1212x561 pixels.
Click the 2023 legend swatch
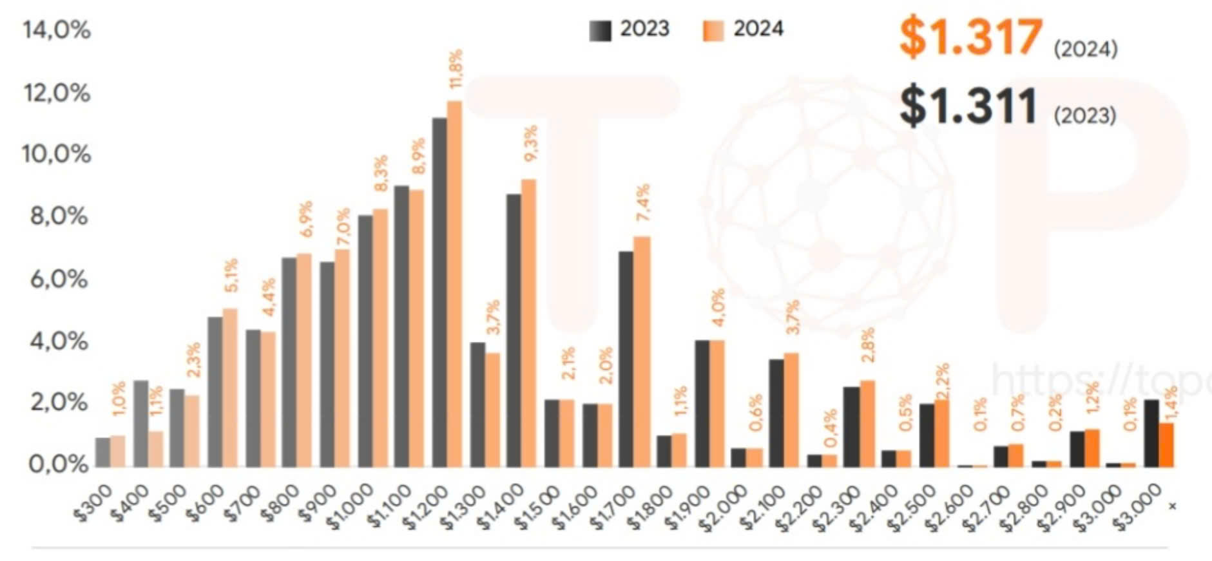(x=600, y=30)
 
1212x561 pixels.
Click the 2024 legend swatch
(x=713, y=30)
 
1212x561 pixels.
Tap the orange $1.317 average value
(x=970, y=37)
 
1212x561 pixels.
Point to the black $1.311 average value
(x=968, y=106)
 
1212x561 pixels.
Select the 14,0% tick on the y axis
(x=57, y=30)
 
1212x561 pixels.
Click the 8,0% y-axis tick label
(x=58, y=216)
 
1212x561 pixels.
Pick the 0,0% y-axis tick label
(x=58, y=464)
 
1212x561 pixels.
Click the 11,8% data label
(x=457, y=68)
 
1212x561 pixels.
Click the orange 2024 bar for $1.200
(x=454, y=283)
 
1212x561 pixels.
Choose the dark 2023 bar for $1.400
(x=514, y=330)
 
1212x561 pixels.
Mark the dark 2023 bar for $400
(x=140, y=423)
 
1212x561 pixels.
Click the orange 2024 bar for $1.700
(x=642, y=351)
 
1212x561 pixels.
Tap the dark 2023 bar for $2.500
(x=927, y=435)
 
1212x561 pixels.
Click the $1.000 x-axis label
(x=351, y=506)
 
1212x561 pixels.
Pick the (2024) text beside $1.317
(x=1085, y=49)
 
